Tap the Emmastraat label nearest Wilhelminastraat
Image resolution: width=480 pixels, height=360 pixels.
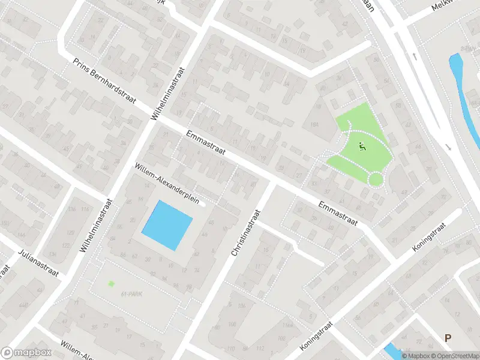tap(205, 143)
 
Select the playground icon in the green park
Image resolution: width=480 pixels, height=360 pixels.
tap(361, 146)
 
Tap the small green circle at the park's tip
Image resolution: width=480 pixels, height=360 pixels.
tap(376, 179)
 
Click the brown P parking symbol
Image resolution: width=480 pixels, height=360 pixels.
tap(447, 338)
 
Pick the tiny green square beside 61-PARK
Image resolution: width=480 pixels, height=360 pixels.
tap(110, 284)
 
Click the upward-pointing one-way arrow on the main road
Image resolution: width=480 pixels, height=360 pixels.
tap(415, 56)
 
